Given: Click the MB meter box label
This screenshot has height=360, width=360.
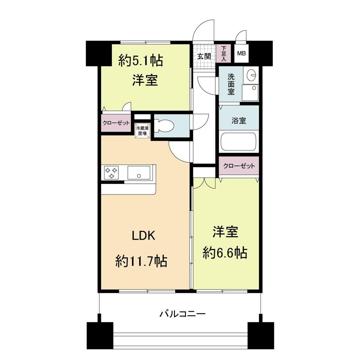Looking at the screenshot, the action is coord(241,54).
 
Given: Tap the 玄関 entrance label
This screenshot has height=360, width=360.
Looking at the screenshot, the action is coord(204,56).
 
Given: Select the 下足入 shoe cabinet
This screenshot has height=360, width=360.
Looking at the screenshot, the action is coord(223,54).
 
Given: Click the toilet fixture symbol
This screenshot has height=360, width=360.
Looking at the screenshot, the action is coord(164,126).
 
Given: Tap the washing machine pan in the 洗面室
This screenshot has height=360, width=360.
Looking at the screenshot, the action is coord(250,93).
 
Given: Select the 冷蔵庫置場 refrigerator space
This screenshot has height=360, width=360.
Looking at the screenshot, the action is coord(142,131).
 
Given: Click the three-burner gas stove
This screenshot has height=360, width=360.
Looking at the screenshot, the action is coord(111,172).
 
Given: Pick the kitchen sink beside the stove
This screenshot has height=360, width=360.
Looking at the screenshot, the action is coord(139,172).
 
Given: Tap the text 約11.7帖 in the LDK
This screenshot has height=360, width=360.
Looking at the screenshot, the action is coord(141,261).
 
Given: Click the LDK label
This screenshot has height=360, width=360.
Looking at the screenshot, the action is coord(144,235).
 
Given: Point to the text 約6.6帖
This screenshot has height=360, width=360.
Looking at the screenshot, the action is coord(225,253).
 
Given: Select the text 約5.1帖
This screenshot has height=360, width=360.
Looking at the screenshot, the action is coord(141,61).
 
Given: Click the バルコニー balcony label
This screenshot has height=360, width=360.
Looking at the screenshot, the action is coord(182,313).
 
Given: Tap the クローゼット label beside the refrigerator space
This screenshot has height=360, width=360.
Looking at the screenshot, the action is coord(116,123).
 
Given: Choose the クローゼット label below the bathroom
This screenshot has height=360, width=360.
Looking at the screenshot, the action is coord(239,166).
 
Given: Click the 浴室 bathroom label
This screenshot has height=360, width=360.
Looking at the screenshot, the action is coord(239,120).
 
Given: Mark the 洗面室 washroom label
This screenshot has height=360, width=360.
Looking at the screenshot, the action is coord(231,84).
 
